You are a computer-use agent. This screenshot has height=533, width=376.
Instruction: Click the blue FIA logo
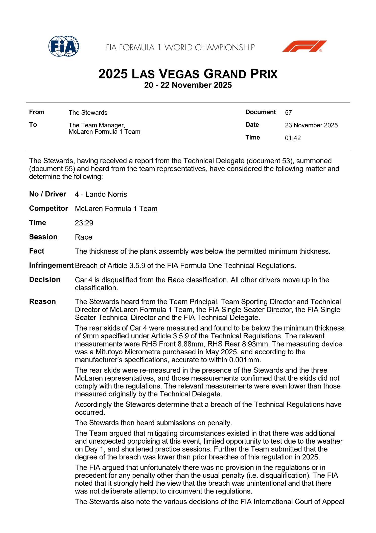tap(64, 46)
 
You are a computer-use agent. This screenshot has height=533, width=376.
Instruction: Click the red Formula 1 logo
tap(304, 46)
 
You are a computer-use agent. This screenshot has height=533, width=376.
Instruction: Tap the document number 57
tap(288, 113)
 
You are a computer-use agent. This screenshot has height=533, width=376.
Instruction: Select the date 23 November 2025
tap(311, 125)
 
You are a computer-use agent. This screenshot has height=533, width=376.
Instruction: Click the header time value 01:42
tap(293, 138)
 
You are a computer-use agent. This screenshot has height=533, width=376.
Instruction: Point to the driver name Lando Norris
tap(106, 194)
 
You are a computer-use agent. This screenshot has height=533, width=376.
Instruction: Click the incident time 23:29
tap(84, 223)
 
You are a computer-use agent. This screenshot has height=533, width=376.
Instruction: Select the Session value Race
tap(83, 237)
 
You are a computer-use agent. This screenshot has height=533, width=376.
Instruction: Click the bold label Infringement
tap(51, 265)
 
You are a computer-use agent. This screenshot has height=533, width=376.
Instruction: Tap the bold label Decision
tap(45, 280)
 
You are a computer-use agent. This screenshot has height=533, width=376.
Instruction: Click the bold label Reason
tap(42, 302)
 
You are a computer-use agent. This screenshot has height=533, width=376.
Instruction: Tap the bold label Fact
tap(37, 251)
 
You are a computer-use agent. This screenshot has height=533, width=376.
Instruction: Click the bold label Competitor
tap(49, 209)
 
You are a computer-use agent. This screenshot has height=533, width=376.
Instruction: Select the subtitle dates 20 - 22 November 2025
tap(188, 85)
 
